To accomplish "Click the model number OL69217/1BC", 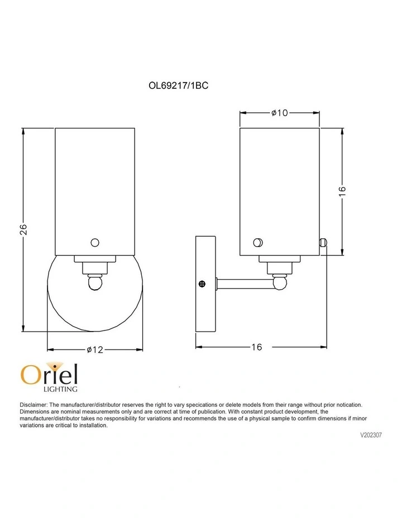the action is pyautogui.click(x=178, y=85).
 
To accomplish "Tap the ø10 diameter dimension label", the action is pyautogui.click(x=280, y=113).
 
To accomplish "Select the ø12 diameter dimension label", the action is pyautogui.click(x=95, y=349).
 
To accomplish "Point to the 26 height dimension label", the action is pyautogui.click(x=23, y=229).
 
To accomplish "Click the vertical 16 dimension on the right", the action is pyautogui.click(x=342, y=191).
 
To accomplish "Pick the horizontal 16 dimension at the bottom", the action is pyautogui.click(x=257, y=347).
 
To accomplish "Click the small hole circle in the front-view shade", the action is pyautogui.click(x=95, y=243).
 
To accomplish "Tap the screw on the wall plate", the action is pyautogui.click(x=202, y=284).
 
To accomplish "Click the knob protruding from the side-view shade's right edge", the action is pyautogui.click(x=323, y=242).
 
